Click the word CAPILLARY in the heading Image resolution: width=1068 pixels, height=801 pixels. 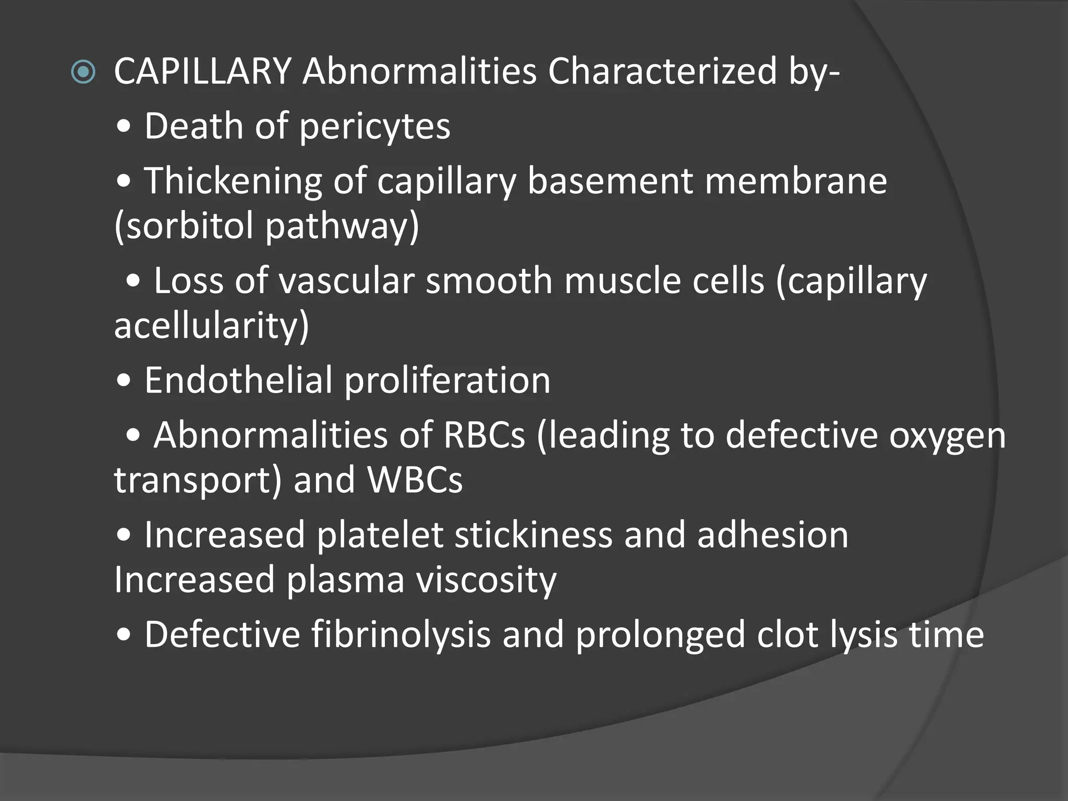point(202,71)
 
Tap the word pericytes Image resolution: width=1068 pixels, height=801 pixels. point(374,127)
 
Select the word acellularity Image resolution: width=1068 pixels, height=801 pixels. point(211,326)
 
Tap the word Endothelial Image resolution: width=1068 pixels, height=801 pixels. point(238,380)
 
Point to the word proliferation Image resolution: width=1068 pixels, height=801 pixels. point(447,380)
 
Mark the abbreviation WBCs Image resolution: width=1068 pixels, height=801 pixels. point(415,480)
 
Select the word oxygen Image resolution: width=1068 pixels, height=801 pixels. point(947,435)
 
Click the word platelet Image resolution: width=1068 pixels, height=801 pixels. point(380,535)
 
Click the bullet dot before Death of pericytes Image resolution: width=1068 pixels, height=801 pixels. point(124,128)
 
